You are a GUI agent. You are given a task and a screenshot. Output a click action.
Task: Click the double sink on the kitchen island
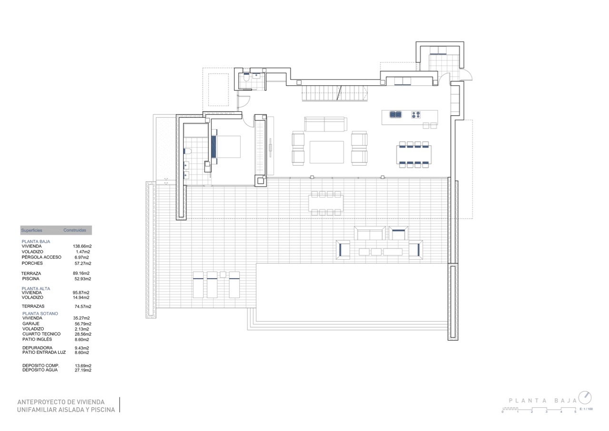tap(395, 115)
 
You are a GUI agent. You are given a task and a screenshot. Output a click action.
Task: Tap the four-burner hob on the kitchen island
tap(416, 115)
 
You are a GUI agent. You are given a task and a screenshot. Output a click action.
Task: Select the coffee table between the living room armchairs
tap(326, 152)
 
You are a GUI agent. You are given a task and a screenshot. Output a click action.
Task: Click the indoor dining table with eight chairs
tap(414, 155)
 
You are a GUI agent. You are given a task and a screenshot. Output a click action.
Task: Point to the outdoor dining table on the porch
tap(326, 203)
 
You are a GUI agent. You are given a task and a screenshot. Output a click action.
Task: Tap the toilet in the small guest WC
tap(246, 78)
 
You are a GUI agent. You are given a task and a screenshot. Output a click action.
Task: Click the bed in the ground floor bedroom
tap(226, 147)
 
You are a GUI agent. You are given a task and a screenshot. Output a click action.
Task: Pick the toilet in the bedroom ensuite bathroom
tap(187, 151)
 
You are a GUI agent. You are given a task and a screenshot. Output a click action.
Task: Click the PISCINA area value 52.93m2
tap(83, 279)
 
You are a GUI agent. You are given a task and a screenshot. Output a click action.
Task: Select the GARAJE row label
tap(31, 324)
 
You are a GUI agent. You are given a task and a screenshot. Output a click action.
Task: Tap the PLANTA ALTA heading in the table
tap(36, 289)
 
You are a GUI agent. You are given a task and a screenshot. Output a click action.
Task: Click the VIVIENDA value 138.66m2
tap(82, 246)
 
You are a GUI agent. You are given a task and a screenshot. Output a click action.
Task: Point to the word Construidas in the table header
tap(75, 230)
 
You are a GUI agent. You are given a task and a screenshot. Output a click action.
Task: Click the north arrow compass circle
tap(585, 398)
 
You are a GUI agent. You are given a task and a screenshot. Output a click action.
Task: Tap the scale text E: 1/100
tap(586, 409)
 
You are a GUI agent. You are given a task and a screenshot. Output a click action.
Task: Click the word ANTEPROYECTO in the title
tap(43, 402)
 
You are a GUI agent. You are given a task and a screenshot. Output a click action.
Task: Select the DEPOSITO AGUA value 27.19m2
tap(83, 370)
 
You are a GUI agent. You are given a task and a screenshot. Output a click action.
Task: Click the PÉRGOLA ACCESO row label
tap(41, 257)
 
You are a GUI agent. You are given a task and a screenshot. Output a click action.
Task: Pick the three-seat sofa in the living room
tap(326, 124)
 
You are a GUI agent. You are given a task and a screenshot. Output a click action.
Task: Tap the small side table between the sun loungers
tap(223, 274)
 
